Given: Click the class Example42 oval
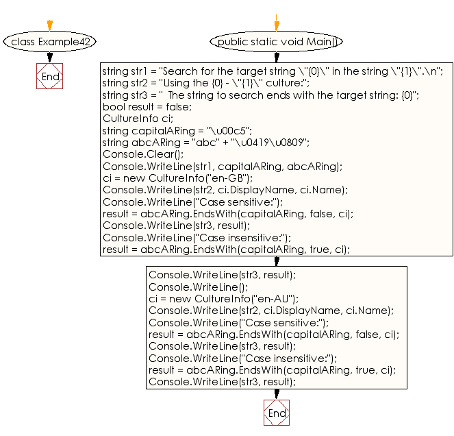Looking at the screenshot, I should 50,42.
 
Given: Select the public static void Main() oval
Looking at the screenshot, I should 277,42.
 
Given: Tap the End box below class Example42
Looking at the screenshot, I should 50,77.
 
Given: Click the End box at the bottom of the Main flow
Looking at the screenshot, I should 277,413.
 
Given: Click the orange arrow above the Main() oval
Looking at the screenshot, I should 277,23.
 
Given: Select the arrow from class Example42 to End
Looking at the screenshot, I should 50,58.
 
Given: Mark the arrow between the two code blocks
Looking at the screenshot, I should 277,261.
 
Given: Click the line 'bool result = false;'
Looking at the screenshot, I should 147,107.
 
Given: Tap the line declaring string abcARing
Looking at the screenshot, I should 205,143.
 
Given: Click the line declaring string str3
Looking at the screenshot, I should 260,95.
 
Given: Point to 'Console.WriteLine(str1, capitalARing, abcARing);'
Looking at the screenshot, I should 222,167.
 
